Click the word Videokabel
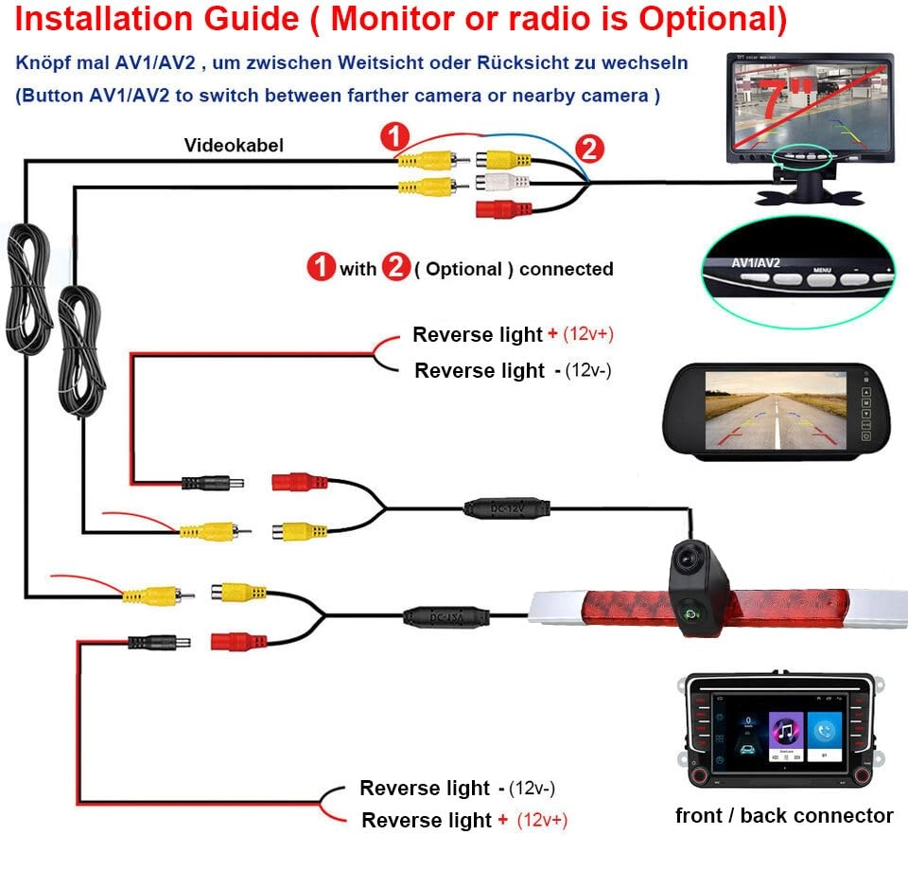233,145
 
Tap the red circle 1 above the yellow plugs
394,137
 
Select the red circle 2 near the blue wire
588,149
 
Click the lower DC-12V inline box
446,616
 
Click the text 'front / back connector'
784,815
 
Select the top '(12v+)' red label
595,333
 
